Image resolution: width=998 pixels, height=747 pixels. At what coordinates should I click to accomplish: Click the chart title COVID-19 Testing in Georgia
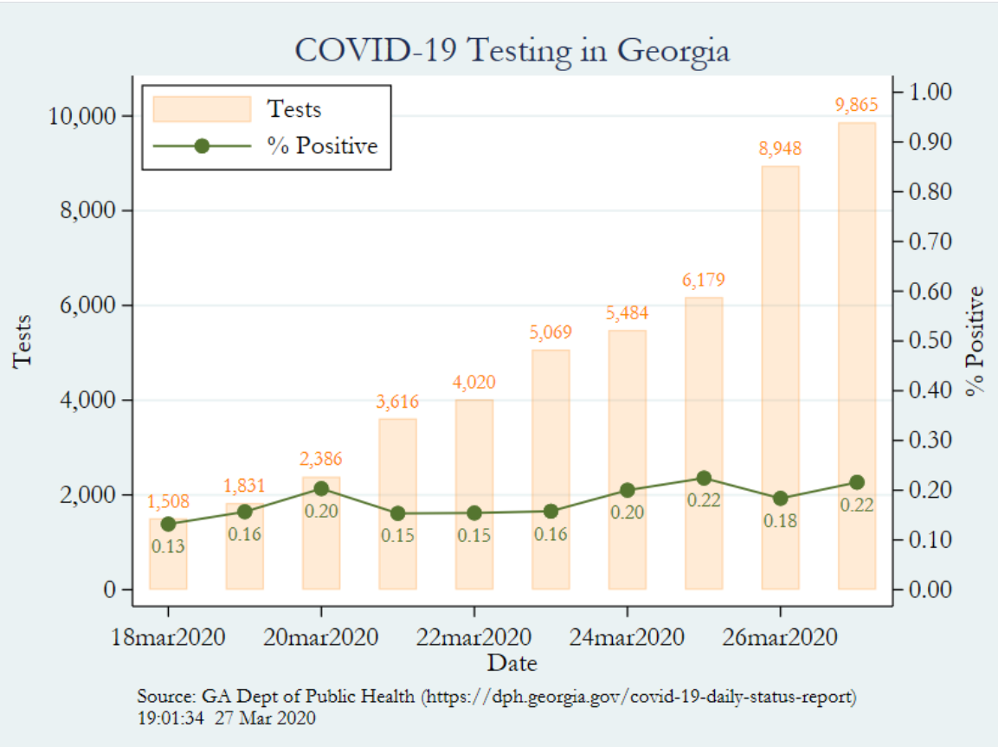pos(512,49)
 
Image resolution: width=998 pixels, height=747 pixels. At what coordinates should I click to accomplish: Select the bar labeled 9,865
pos(856,355)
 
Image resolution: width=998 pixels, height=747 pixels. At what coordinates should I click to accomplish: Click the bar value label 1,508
pos(168,502)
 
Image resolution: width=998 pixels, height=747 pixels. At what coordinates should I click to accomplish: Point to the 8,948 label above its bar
pos(780,149)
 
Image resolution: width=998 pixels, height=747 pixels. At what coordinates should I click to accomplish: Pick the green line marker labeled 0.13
pos(168,524)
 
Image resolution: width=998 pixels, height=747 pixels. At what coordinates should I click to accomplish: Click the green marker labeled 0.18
pos(780,499)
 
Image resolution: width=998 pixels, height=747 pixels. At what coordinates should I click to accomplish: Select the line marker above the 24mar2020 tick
pos(627,490)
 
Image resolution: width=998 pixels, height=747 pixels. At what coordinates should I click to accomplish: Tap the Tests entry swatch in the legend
pos(202,109)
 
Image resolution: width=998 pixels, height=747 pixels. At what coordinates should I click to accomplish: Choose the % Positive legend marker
pos(202,145)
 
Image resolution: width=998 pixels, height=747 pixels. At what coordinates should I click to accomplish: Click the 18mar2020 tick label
pos(168,638)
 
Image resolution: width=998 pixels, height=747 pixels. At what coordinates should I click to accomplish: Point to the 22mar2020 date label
pos(474,638)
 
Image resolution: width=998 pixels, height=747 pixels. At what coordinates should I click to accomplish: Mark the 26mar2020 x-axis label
pos(780,638)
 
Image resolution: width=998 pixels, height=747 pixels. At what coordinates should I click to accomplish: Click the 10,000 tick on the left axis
pos(80,116)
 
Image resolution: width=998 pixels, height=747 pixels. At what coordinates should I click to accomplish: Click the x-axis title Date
pos(512,664)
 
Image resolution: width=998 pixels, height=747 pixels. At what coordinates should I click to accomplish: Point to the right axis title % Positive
pos(976,340)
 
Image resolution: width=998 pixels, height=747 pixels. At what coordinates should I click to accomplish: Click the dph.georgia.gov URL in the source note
pos(639,696)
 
